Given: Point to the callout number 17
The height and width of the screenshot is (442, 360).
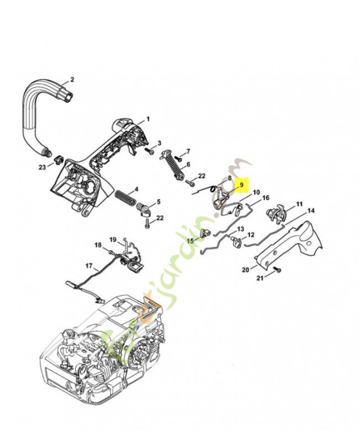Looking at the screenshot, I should [x=88, y=266].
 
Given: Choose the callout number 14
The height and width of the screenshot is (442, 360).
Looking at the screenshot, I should [x=311, y=211].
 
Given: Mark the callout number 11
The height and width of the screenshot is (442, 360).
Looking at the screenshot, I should [x=299, y=204].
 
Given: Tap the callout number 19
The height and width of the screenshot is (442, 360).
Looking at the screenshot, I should [x=113, y=240].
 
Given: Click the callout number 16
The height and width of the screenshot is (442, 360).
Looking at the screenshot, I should [x=266, y=198].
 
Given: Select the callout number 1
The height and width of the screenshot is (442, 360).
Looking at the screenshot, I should [x=147, y=119].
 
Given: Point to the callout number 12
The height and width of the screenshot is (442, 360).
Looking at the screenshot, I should [x=251, y=235].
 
